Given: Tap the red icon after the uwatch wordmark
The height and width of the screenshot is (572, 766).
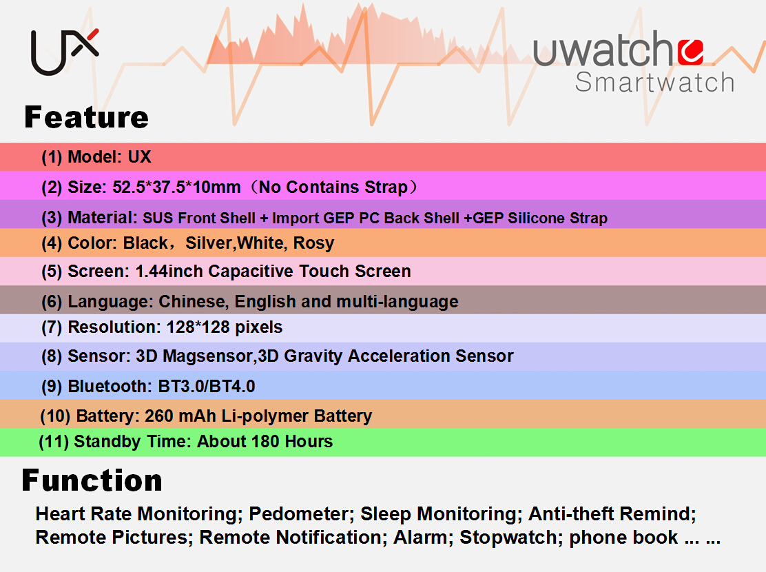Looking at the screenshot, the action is coord(691,52).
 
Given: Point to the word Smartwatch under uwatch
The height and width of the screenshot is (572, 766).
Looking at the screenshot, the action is coord(654,82).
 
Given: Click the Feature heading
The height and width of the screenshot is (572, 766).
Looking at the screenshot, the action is coord(87,117).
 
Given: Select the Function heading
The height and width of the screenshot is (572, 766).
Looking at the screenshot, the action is coord(92,480).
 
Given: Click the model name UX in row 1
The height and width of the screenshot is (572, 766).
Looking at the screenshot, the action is coord(140,157).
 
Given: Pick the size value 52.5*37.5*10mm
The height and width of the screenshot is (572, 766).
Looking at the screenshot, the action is coord(176,187).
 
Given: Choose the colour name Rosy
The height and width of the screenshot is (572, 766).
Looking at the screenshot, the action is coord(313,243).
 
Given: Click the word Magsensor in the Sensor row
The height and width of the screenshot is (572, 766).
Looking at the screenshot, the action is coord(207,356).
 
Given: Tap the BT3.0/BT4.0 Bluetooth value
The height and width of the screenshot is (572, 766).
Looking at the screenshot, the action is coord(207,387).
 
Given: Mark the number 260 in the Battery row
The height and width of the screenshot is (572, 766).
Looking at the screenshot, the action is coord(158,416).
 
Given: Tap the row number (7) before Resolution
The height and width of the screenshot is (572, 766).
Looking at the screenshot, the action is coord(52,327).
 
